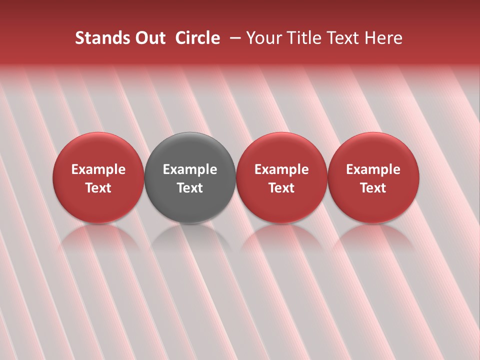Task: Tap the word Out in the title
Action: click(x=149, y=38)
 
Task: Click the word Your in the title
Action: click(x=263, y=38)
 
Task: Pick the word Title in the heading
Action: click(x=301, y=38)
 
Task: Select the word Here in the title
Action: click(x=383, y=38)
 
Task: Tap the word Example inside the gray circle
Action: click(x=190, y=169)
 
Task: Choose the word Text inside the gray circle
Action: click(x=190, y=188)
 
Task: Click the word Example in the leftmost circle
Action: click(x=98, y=169)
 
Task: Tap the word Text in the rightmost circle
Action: click(x=373, y=188)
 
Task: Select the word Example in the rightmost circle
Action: click(x=373, y=169)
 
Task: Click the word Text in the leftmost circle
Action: click(x=98, y=188)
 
